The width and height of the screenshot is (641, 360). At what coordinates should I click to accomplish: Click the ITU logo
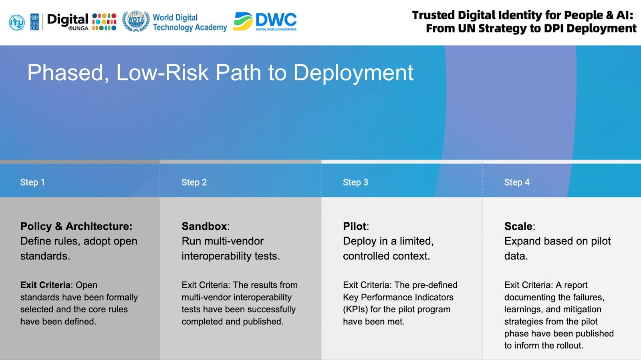click(16, 22)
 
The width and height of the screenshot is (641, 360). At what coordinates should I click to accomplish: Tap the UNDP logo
click(34, 22)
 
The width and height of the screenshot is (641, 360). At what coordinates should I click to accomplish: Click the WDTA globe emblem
click(136, 21)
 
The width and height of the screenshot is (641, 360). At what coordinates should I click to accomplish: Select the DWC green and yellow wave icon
click(243, 21)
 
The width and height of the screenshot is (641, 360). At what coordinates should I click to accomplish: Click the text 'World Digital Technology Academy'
click(190, 22)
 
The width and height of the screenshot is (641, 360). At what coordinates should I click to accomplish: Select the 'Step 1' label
click(32, 182)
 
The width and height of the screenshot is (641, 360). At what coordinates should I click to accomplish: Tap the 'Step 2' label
click(194, 182)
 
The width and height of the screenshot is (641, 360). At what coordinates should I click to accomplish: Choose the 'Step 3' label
click(355, 182)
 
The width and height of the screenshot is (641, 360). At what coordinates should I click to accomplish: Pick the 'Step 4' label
click(517, 182)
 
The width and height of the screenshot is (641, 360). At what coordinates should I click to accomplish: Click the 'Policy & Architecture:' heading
click(77, 226)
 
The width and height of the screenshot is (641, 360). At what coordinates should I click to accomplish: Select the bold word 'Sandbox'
click(204, 226)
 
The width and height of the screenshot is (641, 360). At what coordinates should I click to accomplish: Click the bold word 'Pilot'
click(355, 226)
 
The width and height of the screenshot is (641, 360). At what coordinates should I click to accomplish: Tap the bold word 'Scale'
click(518, 226)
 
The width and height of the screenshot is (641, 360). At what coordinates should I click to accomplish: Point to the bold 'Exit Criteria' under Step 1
click(45, 285)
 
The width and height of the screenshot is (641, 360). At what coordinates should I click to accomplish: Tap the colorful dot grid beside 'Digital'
click(104, 22)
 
